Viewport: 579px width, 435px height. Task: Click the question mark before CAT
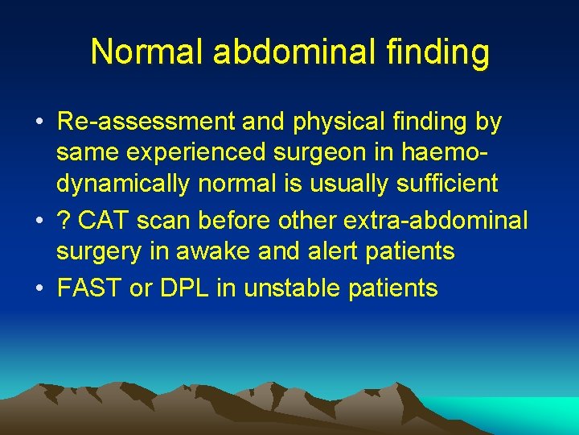pos(64,220)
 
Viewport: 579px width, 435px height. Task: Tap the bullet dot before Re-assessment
pos(39,123)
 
